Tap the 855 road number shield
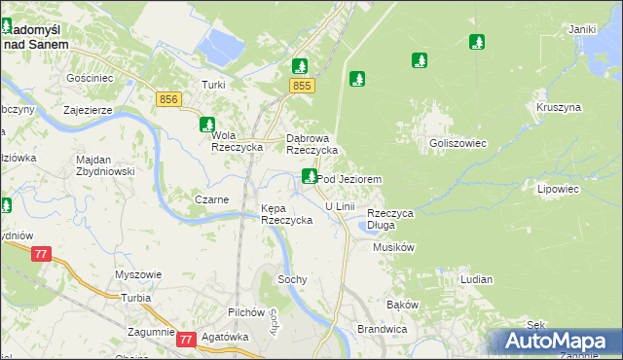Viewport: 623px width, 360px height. [302, 88]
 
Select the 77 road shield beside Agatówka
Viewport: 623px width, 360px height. [186, 339]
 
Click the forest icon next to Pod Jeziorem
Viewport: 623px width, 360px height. [310, 176]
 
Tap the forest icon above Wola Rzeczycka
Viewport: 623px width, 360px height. [207, 124]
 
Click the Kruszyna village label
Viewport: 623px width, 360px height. [558, 106]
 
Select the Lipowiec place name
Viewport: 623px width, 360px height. [558, 190]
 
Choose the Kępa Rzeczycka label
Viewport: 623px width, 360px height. [286, 215]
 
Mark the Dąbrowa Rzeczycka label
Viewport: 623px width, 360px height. [311, 145]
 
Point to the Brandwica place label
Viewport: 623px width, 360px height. [382, 329]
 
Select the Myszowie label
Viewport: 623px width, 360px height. [137, 274]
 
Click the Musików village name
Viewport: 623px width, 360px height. [394, 247]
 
